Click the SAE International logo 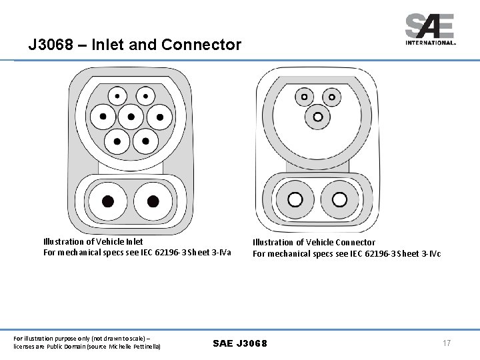click(x=431, y=30)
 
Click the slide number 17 click(x=447, y=343)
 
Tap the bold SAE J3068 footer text click(x=239, y=343)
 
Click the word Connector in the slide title click(x=205, y=45)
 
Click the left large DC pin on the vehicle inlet click(x=107, y=201)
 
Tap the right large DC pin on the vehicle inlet click(x=153, y=201)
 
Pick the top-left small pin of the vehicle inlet click(x=117, y=96)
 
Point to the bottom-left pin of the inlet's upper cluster click(x=117, y=140)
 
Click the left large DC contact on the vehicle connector click(x=294, y=199)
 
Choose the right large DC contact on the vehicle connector click(x=339, y=199)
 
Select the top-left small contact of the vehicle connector click(x=305, y=96)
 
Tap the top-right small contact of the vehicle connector click(x=331, y=96)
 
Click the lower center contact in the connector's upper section click(x=317, y=117)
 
